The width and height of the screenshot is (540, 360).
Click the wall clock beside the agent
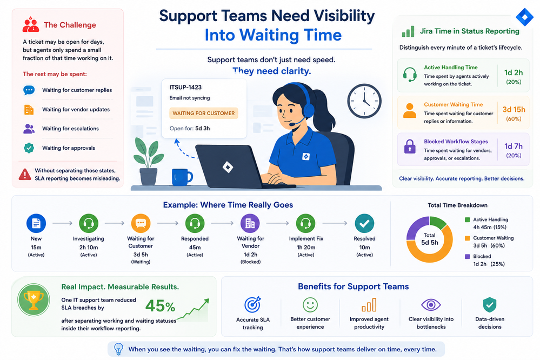point(364,101)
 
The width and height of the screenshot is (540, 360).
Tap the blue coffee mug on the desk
point(181,177)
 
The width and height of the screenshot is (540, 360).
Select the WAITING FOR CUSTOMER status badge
point(204,114)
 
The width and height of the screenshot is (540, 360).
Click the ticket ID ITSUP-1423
point(185,88)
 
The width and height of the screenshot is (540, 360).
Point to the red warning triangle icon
point(25,175)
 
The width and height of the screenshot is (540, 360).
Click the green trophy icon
point(34,299)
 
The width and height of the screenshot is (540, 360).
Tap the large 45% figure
point(160,306)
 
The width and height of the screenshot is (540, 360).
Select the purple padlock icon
point(410,146)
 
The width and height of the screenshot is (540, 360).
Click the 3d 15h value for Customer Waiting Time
point(514,110)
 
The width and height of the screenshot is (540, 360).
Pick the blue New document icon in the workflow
point(36,223)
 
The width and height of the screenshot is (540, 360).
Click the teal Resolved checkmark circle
point(364,223)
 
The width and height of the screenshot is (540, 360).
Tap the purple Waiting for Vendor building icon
point(250,223)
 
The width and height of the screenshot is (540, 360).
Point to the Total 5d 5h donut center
point(429,239)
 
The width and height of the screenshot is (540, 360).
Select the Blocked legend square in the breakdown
point(468,256)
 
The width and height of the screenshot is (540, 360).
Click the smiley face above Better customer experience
point(310,305)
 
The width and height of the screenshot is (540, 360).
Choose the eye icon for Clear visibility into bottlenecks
point(431,305)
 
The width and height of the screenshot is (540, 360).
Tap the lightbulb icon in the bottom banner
point(118,349)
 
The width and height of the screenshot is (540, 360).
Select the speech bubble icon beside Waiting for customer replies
point(29,90)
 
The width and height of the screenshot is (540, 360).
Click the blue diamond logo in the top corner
point(524,17)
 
